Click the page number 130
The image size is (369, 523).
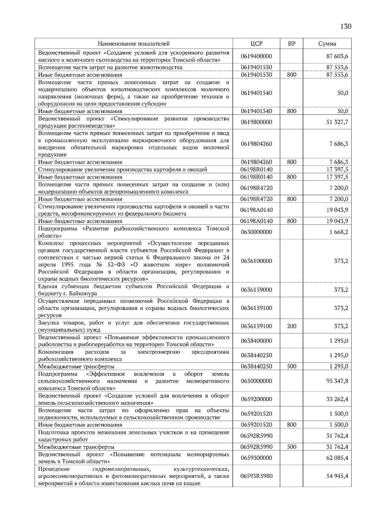pos(346,26)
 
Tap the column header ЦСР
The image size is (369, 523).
pos(256,44)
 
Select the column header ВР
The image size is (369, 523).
pos(292,44)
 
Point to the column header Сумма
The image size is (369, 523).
pos(327,44)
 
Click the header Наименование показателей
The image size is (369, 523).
pos(134,44)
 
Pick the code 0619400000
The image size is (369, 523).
pos(256,56)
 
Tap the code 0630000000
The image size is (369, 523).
pos(256,232)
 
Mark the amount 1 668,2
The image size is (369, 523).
pos(339,232)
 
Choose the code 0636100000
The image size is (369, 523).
pos(256,261)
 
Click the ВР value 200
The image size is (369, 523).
pos(292,326)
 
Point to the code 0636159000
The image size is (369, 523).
pos(256,290)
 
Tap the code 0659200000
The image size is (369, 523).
pos(256,399)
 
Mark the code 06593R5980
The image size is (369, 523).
pos(256,476)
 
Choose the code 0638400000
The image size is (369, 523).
pos(256,341)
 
